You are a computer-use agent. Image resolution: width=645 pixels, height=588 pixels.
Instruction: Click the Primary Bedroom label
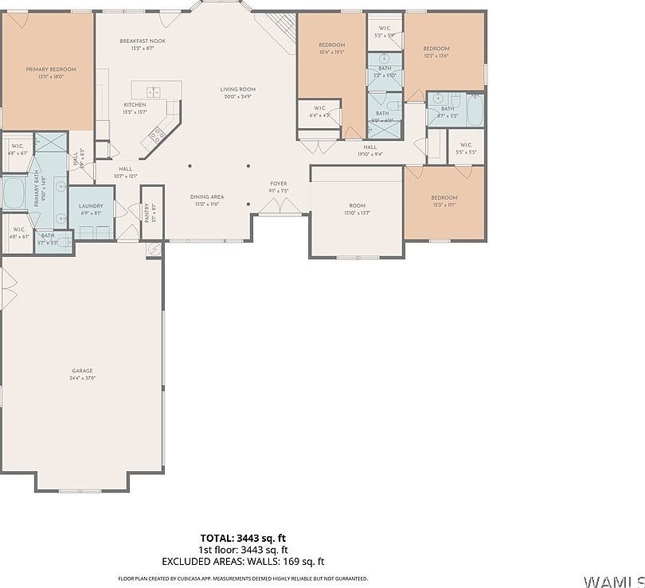pos(50,69)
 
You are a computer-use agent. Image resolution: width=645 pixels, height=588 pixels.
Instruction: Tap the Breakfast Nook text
pos(142,41)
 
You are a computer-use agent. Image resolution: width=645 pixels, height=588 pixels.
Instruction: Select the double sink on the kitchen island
pos(154,92)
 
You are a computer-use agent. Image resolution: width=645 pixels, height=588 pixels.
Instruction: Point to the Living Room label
pos(237,89)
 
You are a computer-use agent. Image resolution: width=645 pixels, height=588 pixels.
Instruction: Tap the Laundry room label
pos(91,206)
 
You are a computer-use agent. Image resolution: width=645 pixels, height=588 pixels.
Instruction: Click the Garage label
pos(82,371)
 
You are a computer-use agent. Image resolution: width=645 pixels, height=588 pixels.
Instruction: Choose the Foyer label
pos(278,184)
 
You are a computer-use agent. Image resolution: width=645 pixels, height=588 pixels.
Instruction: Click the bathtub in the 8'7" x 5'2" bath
pos(475,110)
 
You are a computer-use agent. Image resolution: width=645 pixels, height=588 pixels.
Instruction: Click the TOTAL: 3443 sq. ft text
pos(243,538)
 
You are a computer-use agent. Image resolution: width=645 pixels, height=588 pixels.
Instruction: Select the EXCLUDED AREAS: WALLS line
pos(243,562)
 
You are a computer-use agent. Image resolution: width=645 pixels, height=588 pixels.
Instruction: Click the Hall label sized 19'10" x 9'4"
pos(370,146)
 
